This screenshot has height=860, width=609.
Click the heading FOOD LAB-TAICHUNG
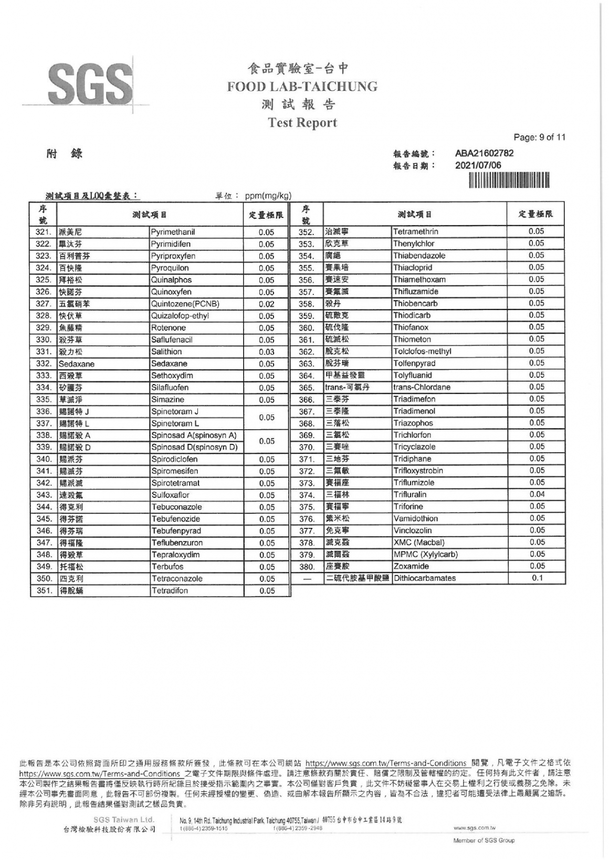[x=302, y=87]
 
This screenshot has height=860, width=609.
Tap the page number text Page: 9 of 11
[x=539, y=138]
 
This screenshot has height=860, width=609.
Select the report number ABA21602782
[x=484, y=153]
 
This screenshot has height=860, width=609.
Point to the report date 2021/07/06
[x=478, y=165]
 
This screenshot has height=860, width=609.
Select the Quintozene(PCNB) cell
[x=185, y=304]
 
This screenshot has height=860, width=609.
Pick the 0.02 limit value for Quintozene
[x=266, y=304]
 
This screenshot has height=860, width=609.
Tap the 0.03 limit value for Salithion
[x=266, y=352]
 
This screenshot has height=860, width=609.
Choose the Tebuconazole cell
[x=176, y=507]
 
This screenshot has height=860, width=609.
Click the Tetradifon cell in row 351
[x=170, y=591]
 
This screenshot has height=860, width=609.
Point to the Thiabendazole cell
[x=419, y=256]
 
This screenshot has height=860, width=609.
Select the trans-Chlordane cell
[x=422, y=387]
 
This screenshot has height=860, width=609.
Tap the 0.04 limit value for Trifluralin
[x=537, y=494]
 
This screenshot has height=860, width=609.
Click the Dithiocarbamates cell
[x=424, y=578]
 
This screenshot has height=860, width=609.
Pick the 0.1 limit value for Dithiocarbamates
[x=537, y=578]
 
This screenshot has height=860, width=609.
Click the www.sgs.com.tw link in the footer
[x=474, y=828]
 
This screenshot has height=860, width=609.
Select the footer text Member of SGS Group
[x=484, y=841]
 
